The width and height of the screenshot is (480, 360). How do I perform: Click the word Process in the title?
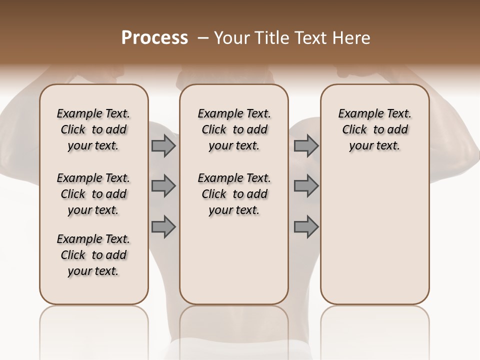click(x=154, y=38)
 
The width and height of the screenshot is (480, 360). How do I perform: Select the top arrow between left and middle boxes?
click(x=163, y=146)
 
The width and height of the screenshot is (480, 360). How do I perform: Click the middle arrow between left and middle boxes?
click(x=163, y=186)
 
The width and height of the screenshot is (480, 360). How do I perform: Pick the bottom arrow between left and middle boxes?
click(x=163, y=227)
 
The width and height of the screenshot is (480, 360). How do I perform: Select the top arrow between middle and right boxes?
click(x=306, y=146)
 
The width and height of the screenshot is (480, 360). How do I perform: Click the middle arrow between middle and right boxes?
click(x=306, y=186)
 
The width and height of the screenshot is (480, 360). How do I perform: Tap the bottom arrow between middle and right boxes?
click(x=306, y=227)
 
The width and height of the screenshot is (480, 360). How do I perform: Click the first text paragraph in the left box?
click(x=93, y=129)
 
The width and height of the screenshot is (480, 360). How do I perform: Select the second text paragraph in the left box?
click(x=93, y=194)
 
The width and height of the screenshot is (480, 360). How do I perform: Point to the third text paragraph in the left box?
click(x=93, y=255)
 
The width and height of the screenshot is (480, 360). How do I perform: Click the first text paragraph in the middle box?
click(x=234, y=129)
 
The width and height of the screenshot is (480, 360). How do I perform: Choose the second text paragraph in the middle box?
click(x=234, y=194)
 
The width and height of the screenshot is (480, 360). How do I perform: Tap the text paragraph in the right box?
click(x=375, y=129)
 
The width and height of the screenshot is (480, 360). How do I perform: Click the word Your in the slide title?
click(x=229, y=38)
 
